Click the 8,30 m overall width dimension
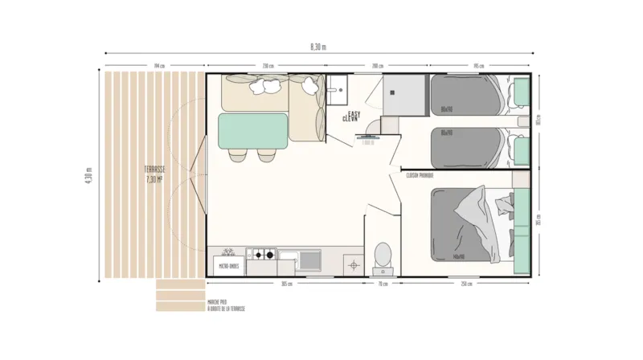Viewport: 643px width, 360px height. (x=318, y=47)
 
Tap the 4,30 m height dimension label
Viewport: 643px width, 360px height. (x=89, y=175)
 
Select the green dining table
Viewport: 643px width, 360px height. (x=253, y=132)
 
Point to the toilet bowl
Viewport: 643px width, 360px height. (x=383, y=256)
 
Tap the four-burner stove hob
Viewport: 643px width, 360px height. (x=261, y=256)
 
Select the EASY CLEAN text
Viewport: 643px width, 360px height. (x=351, y=116)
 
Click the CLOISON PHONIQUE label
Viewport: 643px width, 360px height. (x=420, y=174)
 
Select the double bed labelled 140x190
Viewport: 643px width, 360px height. (x=470, y=224)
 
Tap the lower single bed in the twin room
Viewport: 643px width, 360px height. (x=468, y=147)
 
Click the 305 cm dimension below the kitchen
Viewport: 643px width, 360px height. (x=286, y=284)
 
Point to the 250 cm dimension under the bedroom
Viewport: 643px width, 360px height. (x=466, y=284)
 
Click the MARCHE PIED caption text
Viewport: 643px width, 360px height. (x=219, y=303)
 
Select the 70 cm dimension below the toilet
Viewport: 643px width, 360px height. (x=383, y=284)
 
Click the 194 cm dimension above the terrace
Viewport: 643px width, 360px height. (x=159, y=65)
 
